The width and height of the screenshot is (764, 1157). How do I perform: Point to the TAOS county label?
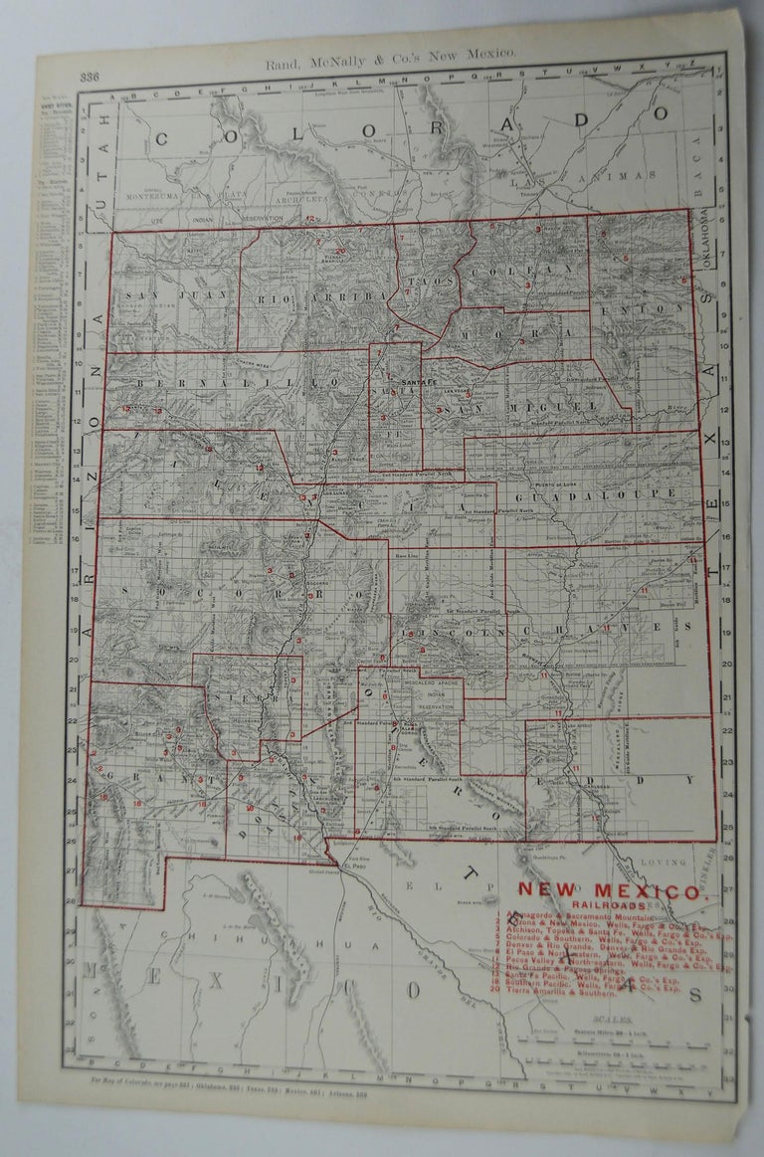coord(428,283)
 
